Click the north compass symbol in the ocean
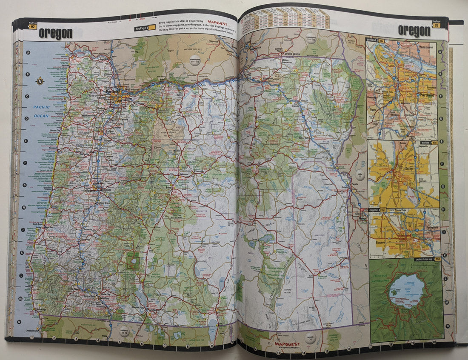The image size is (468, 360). click(x=40, y=80)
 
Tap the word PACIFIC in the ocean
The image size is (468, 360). click(x=42, y=107)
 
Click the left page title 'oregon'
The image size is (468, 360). click(x=55, y=34)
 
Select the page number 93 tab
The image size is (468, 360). click(x=436, y=25)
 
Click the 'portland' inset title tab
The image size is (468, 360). click(x=376, y=40)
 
